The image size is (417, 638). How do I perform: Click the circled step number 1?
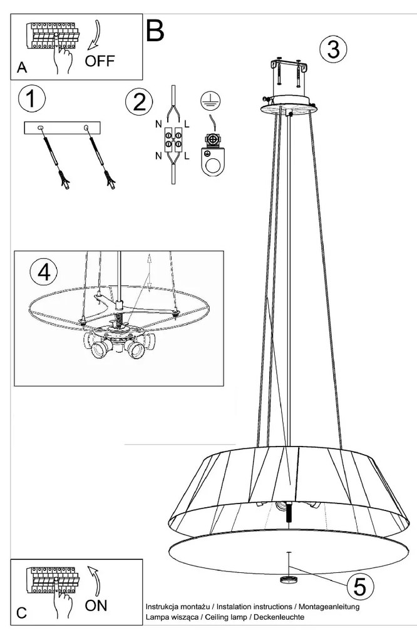[32, 100]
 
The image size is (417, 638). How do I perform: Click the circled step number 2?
[139, 103]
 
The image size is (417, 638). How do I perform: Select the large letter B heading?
[155, 29]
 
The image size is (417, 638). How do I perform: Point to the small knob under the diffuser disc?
[289, 579]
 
